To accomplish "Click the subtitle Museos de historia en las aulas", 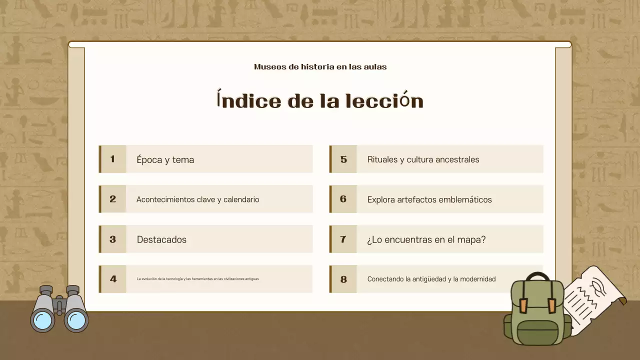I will click(320, 67).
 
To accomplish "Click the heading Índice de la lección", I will click(320, 100).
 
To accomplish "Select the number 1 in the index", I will click(112, 159).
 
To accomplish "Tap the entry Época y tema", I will click(165, 159).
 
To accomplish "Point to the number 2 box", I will click(112, 199).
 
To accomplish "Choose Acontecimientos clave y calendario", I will click(197, 199).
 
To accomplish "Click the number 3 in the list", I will click(112, 239).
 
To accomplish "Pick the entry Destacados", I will click(161, 239).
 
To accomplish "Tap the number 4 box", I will click(113, 279).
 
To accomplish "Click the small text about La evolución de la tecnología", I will click(197, 279).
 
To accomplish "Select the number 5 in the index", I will click(343, 159).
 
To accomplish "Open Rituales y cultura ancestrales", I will click(423, 159).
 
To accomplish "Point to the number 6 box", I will click(343, 199).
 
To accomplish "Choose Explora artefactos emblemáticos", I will click(429, 199).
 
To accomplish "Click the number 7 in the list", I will click(343, 239).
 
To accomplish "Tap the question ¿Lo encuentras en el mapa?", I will click(426, 239).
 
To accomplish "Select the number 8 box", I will click(343, 279).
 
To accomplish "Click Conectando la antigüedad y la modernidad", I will click(431, 279).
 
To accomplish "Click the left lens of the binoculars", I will click(42, 319).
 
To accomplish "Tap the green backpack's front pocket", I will click(537, 332).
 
